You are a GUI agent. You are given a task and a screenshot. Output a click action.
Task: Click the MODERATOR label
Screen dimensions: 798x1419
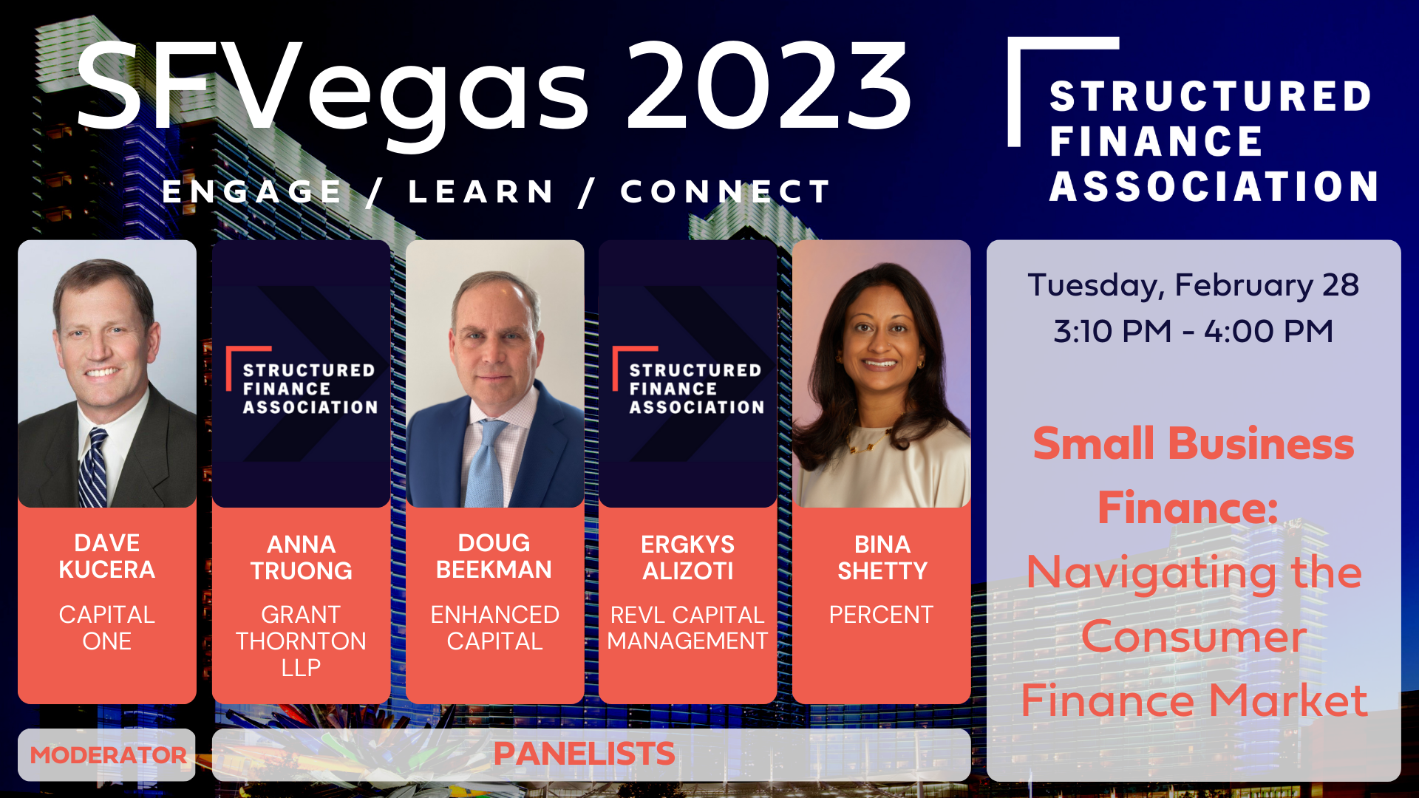click(108, 755)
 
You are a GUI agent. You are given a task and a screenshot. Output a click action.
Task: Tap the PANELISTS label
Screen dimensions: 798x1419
click(584, 754)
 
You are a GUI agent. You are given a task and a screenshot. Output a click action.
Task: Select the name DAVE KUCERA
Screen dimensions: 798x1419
click(107, 556)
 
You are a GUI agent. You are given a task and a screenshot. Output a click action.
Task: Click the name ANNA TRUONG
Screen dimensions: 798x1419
click(301, 558)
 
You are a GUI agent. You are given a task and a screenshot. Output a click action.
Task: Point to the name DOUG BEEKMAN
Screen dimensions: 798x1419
click(494, 556)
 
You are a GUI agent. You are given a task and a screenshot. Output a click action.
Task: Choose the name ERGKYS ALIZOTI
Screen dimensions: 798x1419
click(687, 558)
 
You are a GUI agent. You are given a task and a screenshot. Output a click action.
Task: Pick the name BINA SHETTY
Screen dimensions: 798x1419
click(882, 558)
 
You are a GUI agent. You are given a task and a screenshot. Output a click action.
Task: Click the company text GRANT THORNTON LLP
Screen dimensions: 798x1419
click(301, 641)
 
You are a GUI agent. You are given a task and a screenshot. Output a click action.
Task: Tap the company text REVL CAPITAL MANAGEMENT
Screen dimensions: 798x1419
click(687, 628)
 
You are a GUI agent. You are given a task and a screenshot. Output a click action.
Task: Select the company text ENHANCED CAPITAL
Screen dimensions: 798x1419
click(494, 628)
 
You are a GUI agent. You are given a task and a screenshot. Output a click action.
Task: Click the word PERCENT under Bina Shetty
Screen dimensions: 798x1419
click(881, 615)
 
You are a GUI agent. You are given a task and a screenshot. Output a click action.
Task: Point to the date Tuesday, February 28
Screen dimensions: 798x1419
click(1193, 285)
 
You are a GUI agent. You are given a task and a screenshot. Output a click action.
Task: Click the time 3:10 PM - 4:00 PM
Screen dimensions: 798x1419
click(1193, 331)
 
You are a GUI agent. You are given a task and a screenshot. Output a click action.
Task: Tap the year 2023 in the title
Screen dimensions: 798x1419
click(769, 87)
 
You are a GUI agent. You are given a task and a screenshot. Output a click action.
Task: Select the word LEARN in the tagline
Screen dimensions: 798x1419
click(481, 192)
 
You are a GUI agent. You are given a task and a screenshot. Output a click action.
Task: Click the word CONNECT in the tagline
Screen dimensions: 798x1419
click(725, 192)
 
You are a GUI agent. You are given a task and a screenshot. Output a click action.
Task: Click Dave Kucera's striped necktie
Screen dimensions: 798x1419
click(93, 470)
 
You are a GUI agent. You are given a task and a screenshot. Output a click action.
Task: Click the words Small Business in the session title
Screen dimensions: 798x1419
click(1193, 444)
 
